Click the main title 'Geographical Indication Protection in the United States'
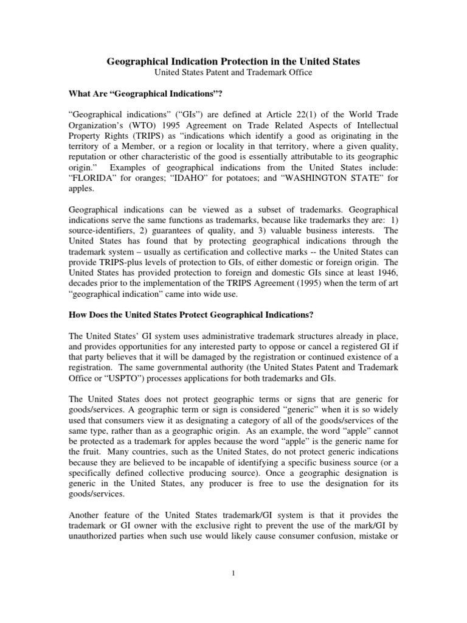click(x=233, y=61)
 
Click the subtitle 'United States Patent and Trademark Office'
click(x=233, y=72)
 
